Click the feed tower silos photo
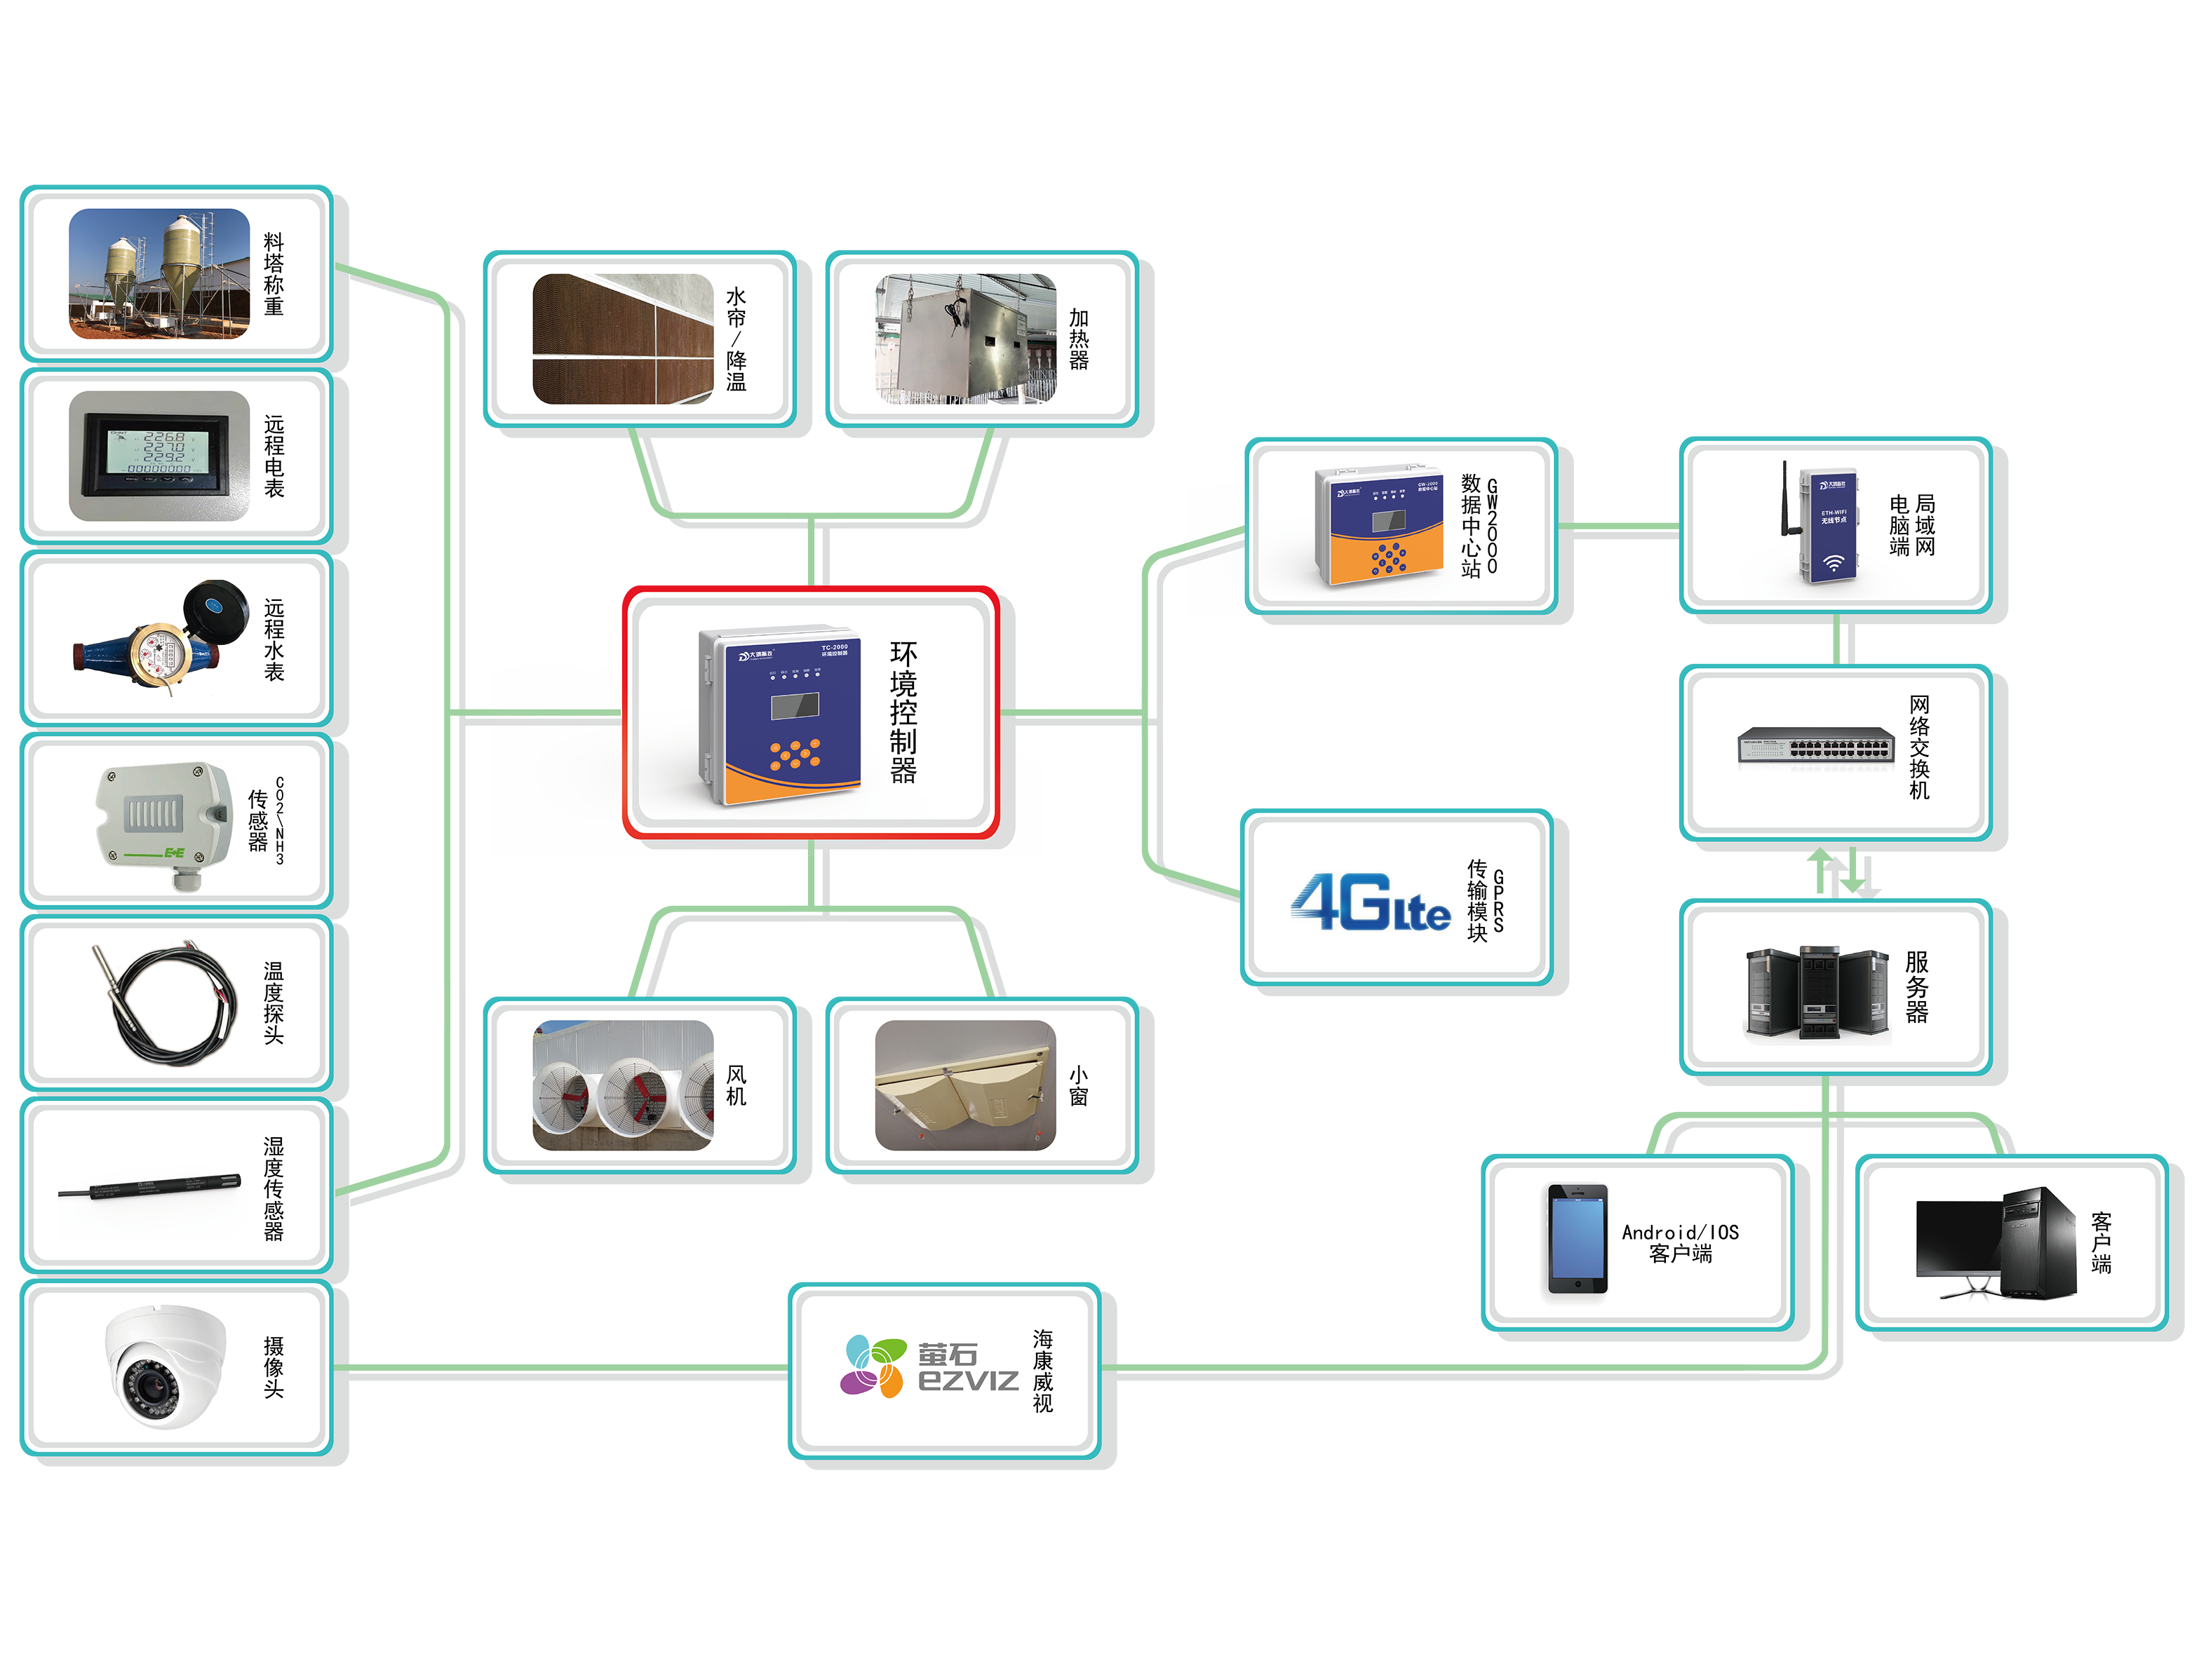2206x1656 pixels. pos(159,273)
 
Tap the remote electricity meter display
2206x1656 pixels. pos(159,456)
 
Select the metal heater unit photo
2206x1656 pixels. pos(964,339)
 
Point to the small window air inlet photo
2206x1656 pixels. pos(964,1085)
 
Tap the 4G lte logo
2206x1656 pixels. pos(1371,902)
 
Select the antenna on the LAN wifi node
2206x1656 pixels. pos(1784,498)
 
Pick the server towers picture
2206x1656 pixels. pos(1816,992)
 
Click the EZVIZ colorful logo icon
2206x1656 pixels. pos(873,1366)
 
